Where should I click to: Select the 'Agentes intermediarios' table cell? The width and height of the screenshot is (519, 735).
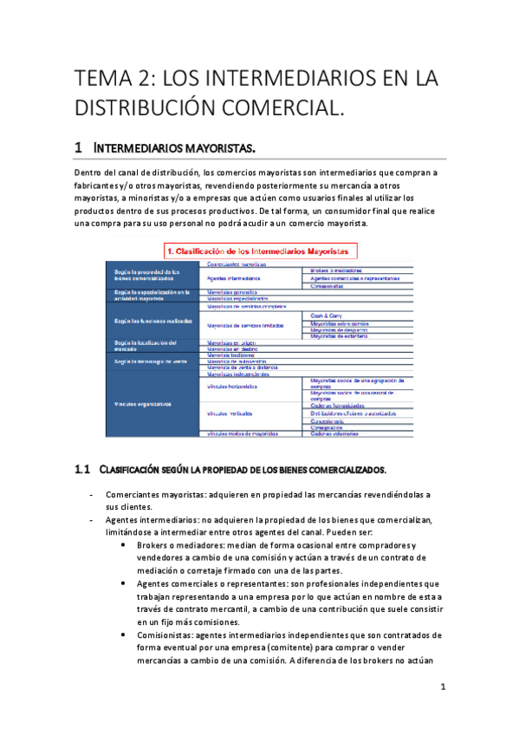(x=232, y=279)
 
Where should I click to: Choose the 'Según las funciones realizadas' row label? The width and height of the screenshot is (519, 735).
(x=151, y=322)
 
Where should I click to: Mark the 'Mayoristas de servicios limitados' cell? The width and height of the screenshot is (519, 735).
(x=246, y=325)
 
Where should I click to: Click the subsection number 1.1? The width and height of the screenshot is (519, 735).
(x=82, y=469)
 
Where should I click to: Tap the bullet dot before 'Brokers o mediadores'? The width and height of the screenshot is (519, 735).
(x=128, y=545)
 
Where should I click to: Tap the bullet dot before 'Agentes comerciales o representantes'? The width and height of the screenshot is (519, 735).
(x=128, y=583)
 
